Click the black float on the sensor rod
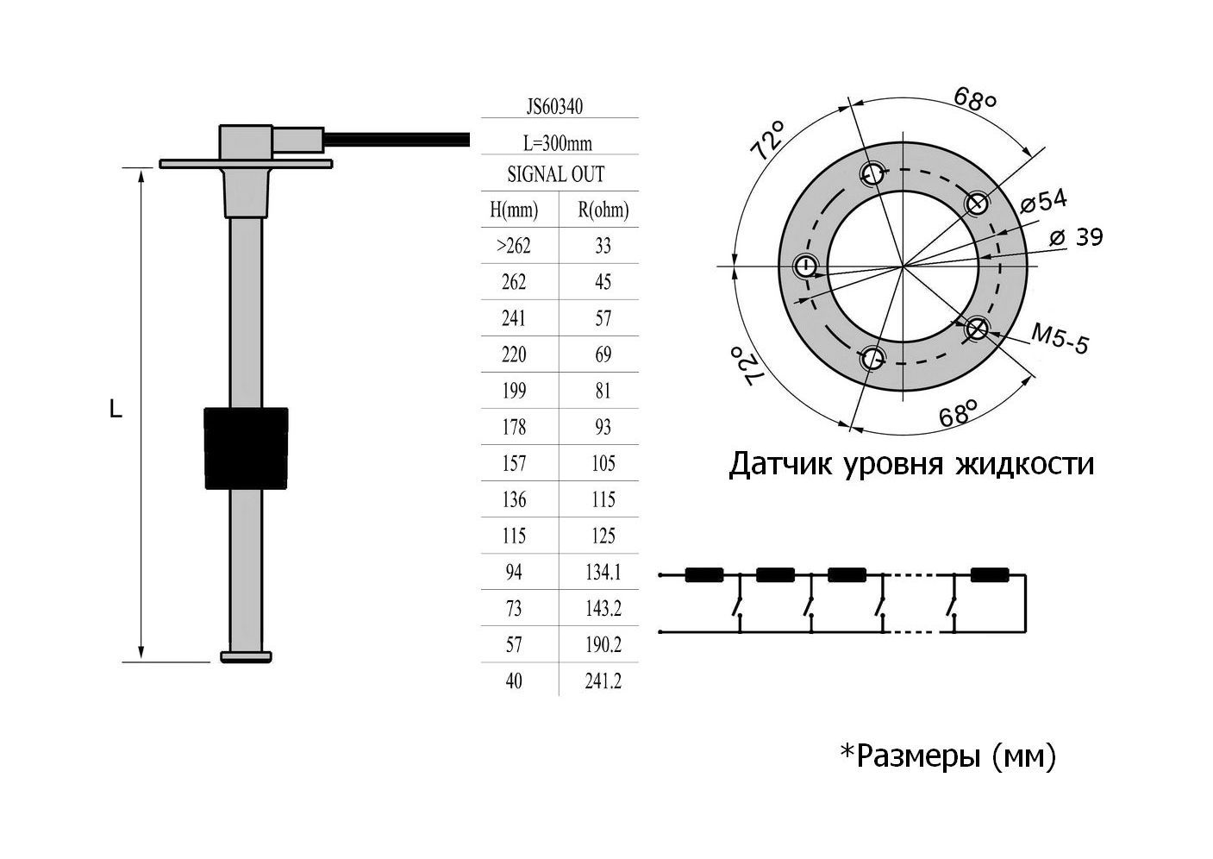[x=245, y=448]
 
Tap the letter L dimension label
[x=116, y=411]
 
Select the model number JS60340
[x=554, y=107]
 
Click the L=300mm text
[x=558, y=143]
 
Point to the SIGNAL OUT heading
[x=556, y=174]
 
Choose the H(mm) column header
[x=514, y=210]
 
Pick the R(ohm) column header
[x=603, y=210]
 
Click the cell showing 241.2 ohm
[x=603, y=681]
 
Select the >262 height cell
[x=514, y=246]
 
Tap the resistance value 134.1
[x=603, y=573]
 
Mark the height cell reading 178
[x=514, y=428]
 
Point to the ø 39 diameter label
[x=1077, y=237]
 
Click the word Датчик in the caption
[x=778, y=464]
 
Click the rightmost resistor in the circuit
[x=989, y=575]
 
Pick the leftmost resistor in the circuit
[x=703, y=575]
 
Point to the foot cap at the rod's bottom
[x=247, y=657]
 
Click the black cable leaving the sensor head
[x=397, y=137]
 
